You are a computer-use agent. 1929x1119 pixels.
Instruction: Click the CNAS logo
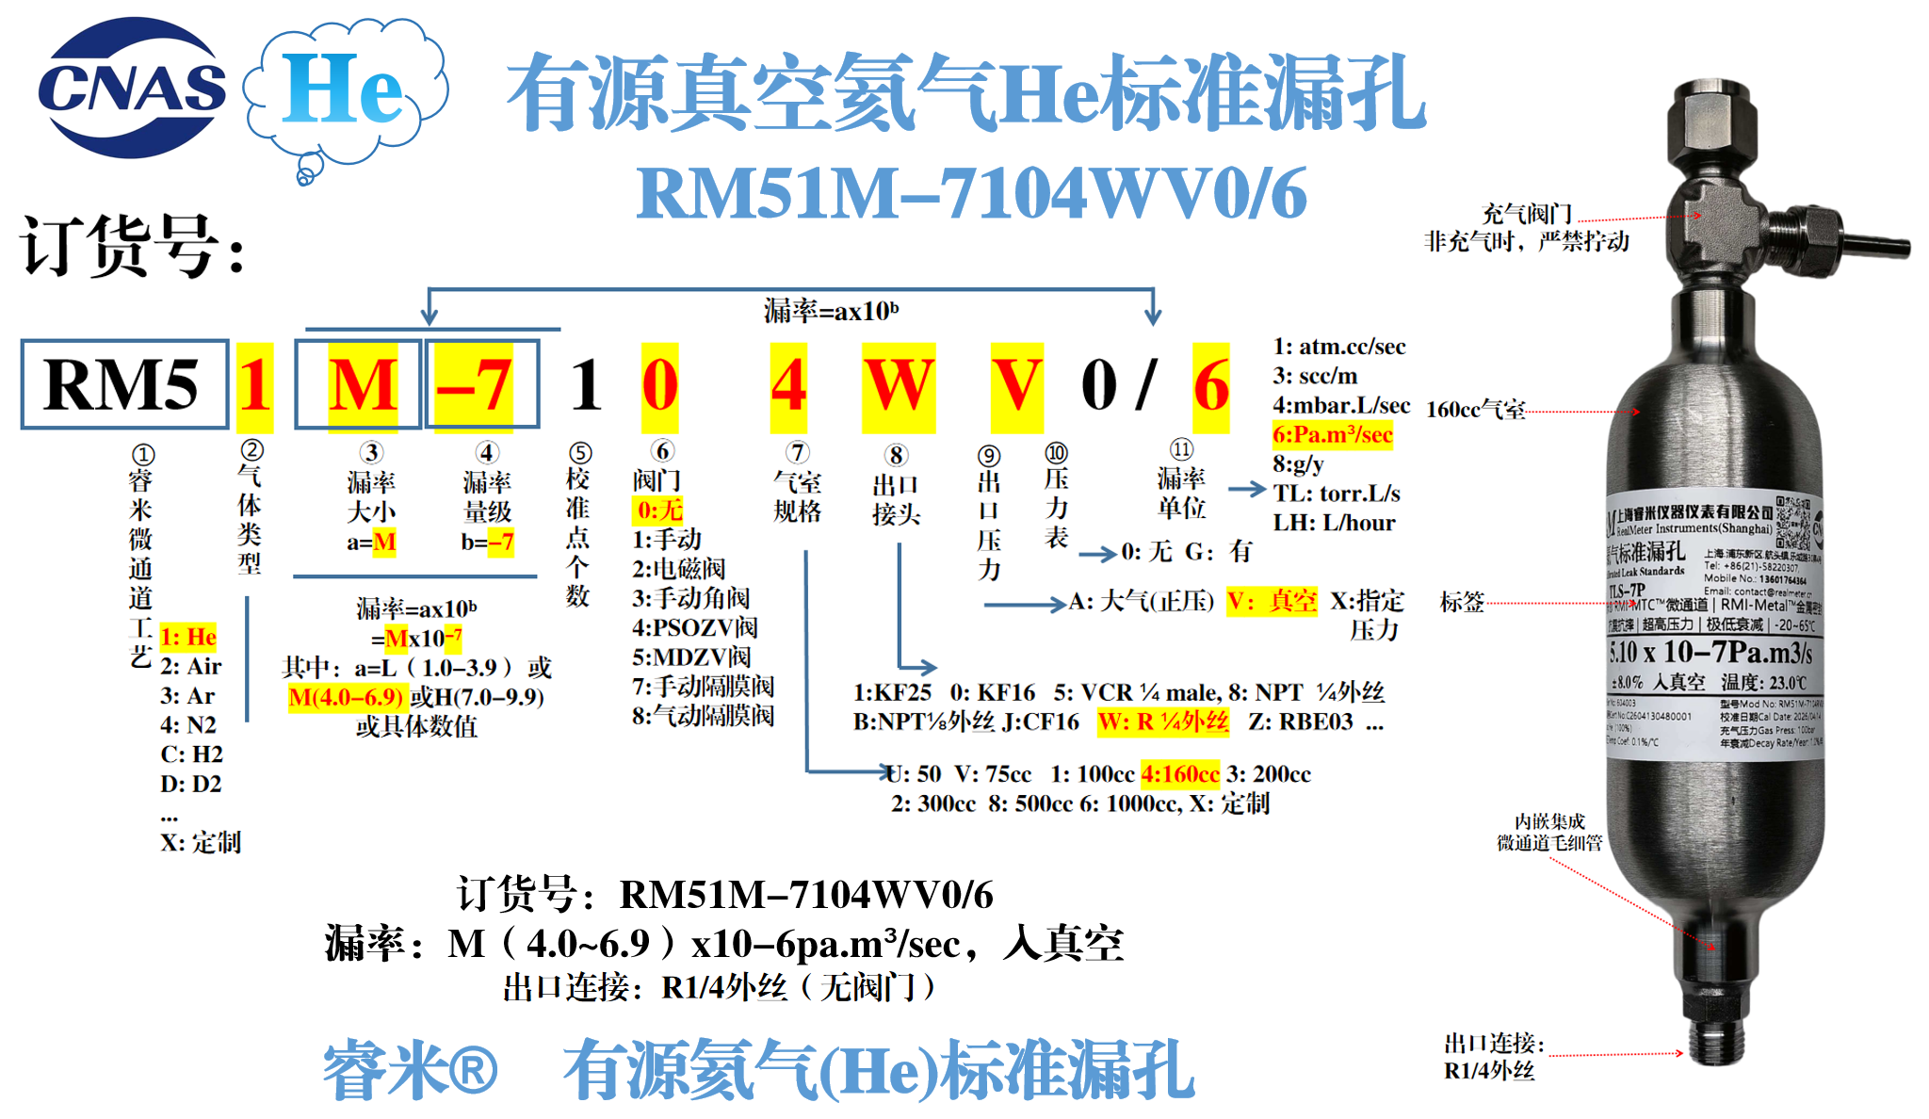(x=132, y=88)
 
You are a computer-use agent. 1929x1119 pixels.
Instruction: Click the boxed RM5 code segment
(x=124, y=384)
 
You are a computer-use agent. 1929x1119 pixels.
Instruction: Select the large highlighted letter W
(x=899, y=386)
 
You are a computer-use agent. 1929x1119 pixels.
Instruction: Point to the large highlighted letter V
(x=1016, y=386)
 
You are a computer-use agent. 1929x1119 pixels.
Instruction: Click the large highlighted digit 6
(x=1211, y=386)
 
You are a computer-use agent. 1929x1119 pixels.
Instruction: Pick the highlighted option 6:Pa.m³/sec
(x=1332, y=435)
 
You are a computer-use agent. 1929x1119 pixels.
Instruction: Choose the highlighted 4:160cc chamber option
(x=1179, y=774)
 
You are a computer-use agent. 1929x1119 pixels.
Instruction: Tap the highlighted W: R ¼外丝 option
(x=1163, y=722)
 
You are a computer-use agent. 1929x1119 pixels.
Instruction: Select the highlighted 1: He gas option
(x=188, y=638)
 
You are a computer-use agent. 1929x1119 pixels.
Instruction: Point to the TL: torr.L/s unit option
(x=1336, y=494)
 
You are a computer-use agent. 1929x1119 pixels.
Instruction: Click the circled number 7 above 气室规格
(x=797, y=453)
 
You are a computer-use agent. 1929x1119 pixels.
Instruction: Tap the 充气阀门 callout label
(x=1527, y=214)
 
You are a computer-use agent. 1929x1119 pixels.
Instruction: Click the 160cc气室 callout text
(x=1476, y=410)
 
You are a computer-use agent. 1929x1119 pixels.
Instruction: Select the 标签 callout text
(x=1462, y=602)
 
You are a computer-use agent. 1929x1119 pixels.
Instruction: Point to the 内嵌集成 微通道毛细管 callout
(x=1549, y=832)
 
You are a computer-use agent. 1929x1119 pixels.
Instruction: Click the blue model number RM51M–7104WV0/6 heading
(x=971, y=194)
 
